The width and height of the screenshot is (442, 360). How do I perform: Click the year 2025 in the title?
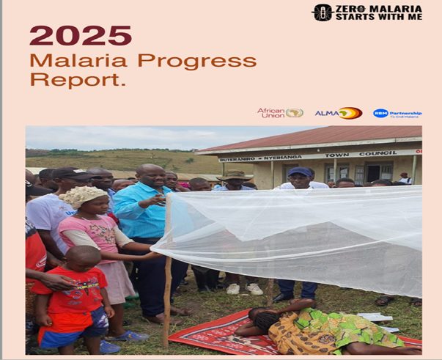81,35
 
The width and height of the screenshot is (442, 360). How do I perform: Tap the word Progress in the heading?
197,60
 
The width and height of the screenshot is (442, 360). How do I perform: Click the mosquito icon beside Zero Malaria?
323,12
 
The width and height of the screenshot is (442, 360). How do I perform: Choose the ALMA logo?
338,113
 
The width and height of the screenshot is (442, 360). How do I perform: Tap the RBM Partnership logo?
397,114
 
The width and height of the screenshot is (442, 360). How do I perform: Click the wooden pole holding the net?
168,293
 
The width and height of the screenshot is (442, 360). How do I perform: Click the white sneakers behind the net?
245,289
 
